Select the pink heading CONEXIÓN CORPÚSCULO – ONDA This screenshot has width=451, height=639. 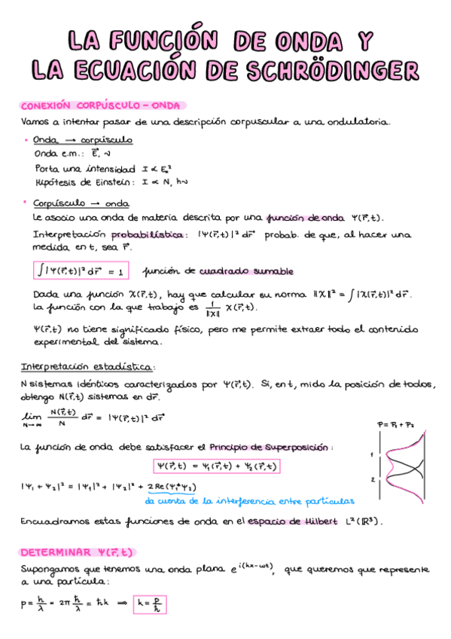click(x=104, y=106)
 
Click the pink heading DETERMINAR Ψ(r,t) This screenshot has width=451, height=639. click(x=76, y=552)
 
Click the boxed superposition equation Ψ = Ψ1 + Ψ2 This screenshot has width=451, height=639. click(x=216, y=466)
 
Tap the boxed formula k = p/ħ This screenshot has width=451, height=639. click(x=150, y=604)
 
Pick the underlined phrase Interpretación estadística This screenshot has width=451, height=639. click(x=87, y=367)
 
